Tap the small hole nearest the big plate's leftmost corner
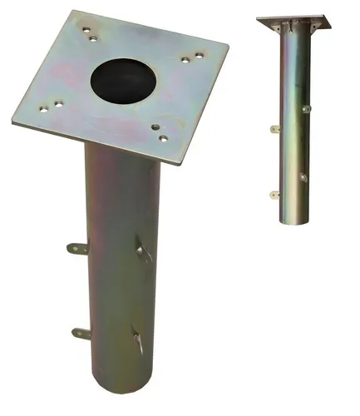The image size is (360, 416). pyautogui.click(x=42, y=107)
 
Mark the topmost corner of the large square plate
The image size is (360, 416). pyautogui.click(x=75, y=12)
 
